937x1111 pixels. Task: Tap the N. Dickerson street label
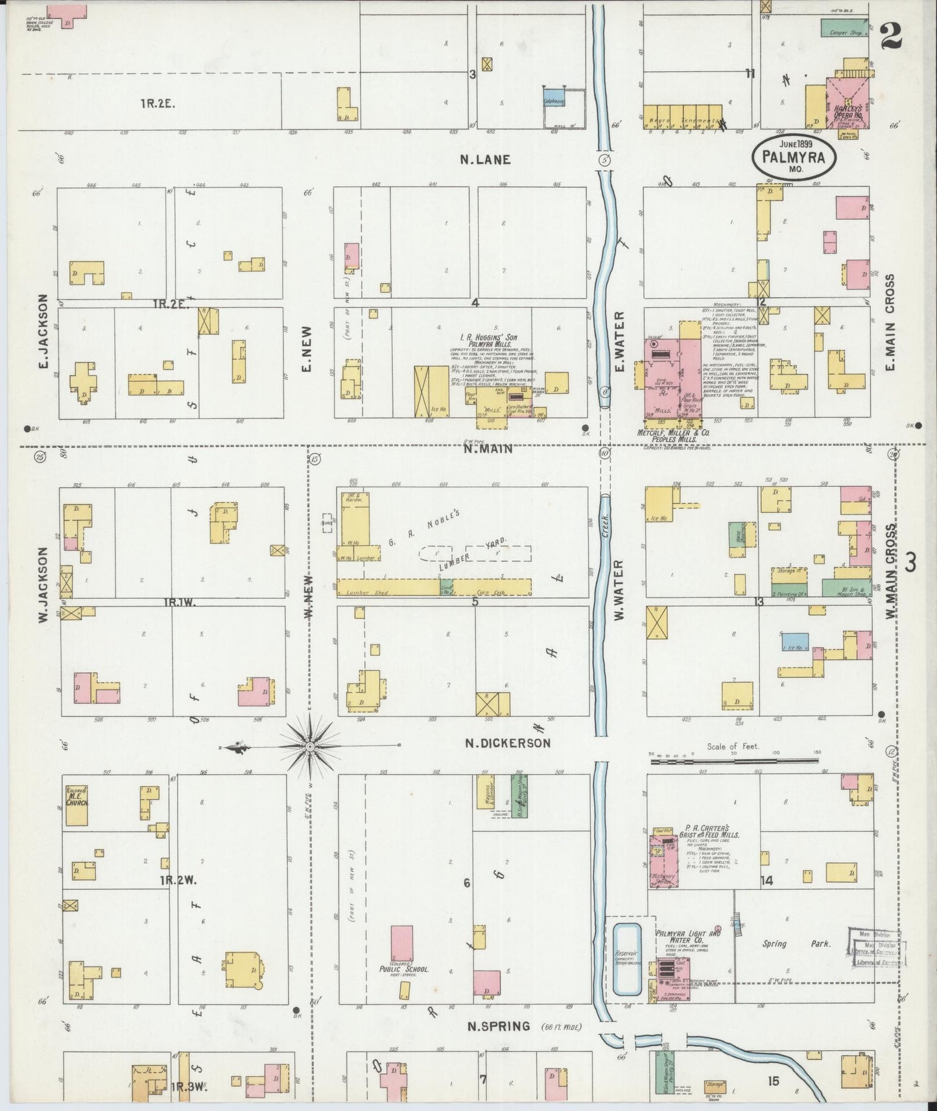508,743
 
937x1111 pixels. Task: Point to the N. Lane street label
485,159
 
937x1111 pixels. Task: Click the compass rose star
311,747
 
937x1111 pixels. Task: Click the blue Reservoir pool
627,959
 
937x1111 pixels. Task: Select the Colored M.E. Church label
77,797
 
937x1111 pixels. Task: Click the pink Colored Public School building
401,945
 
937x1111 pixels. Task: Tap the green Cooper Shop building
845,29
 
